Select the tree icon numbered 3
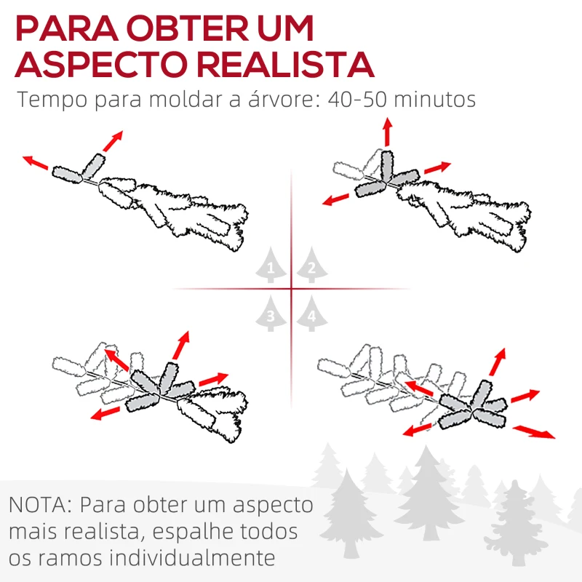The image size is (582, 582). pos(271,314)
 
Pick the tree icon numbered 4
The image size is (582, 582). pos(311,314)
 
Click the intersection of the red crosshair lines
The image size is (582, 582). pos(291,290)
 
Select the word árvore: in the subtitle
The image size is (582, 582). pos(282,99)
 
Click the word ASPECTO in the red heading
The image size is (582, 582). pos(100,64)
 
